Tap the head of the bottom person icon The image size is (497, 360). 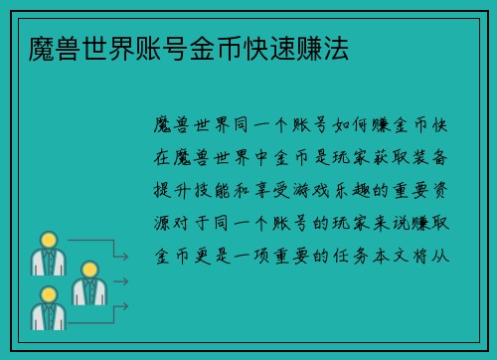(x=47, y=295)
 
